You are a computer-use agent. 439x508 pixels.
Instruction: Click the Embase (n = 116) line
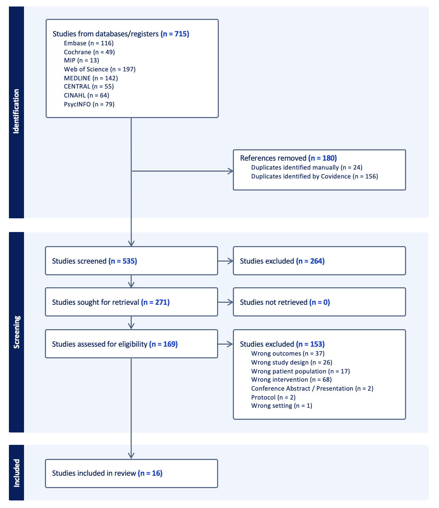88,43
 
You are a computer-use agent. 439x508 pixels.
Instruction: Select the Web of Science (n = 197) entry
100,69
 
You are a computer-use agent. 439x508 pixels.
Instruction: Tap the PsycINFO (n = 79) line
89,104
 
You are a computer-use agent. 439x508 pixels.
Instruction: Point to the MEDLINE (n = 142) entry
91,78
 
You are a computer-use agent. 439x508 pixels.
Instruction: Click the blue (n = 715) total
175,34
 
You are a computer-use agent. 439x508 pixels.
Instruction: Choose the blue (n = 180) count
322,158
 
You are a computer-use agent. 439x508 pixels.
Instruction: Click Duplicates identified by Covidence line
315,176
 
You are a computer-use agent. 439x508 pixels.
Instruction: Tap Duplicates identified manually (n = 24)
307,168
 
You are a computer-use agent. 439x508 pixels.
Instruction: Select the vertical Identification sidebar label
16,111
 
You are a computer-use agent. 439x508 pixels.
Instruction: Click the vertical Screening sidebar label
16,332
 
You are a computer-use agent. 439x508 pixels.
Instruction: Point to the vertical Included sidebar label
16,473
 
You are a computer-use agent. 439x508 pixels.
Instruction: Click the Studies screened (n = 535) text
95,261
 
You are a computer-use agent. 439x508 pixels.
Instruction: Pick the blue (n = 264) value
310,261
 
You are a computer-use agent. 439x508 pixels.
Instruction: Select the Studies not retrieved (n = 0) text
285,302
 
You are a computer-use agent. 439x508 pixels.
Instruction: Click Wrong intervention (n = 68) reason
292,380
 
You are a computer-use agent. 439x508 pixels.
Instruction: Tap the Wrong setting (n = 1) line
282,406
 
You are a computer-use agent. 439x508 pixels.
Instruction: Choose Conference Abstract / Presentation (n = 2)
312,389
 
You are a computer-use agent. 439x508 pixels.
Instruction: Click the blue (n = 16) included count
150,473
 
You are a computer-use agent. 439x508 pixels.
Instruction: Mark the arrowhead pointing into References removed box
230,171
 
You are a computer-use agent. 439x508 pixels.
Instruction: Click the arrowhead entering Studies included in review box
131,456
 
